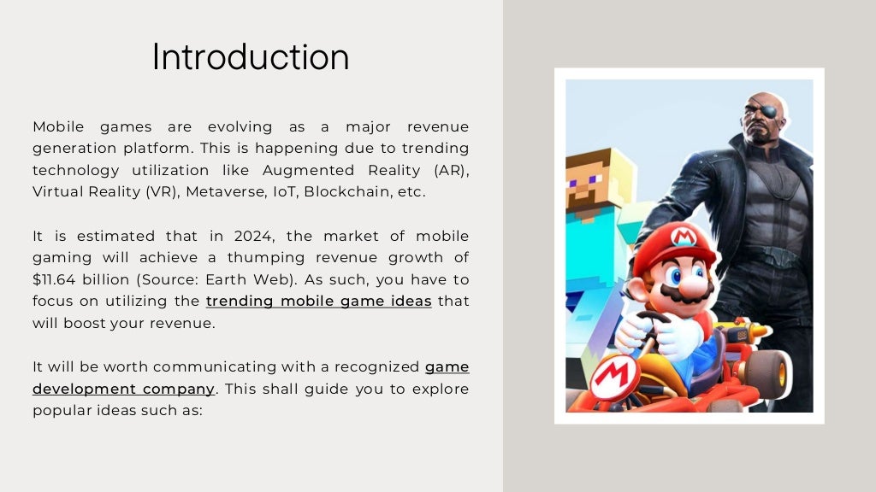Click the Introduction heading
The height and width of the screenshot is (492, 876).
(251, 57)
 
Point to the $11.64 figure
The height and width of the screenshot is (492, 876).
(57, 280)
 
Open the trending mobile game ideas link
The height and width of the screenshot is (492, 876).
(318, 302)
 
